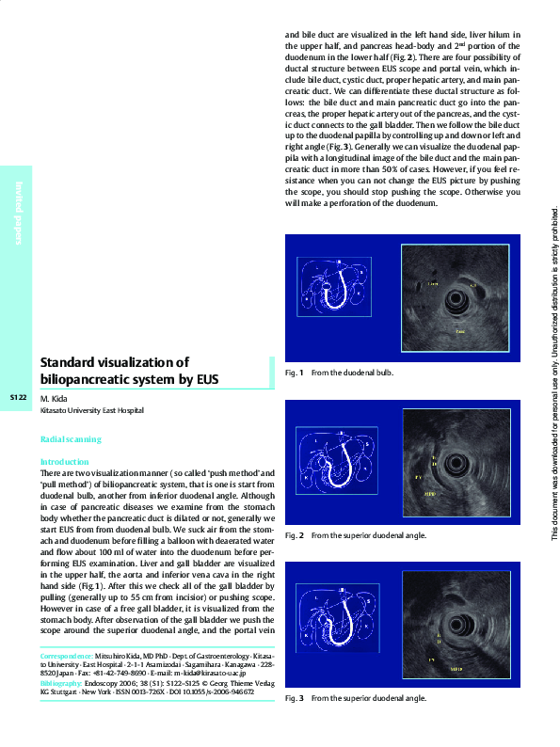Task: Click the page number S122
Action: (18, 399)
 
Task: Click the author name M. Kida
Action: (55, 399)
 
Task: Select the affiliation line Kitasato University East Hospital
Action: (92, 411)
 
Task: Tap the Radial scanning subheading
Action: (71, 439)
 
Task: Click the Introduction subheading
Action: (64, 462)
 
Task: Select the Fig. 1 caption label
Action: (294, 373)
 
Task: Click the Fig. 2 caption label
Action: (294, 535)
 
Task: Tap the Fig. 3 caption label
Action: (294, 698)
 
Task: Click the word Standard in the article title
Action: (74, 362)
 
